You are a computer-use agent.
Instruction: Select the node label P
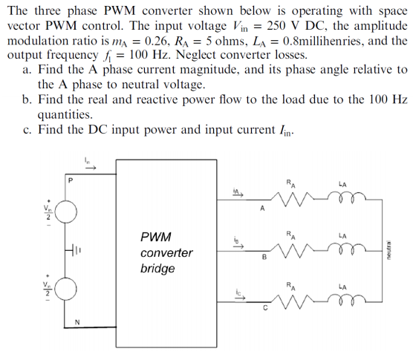71,179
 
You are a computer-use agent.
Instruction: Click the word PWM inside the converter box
155,237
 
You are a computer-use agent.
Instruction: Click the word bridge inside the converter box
157,268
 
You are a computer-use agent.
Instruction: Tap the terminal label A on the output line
262,209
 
